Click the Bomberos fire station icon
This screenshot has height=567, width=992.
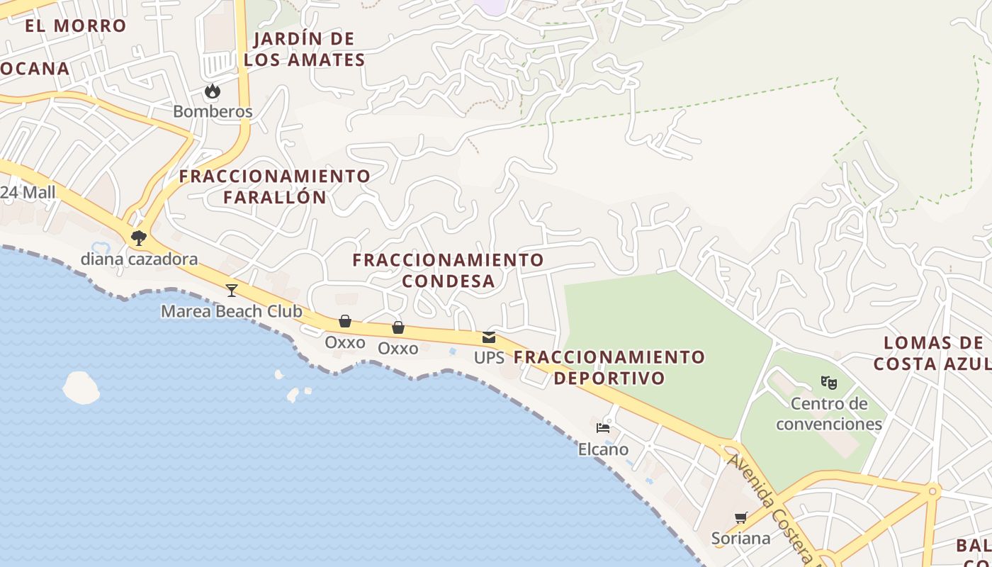pos(212,91)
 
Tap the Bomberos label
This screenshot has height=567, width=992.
pos(213,112)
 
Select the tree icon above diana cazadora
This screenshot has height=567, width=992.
pos(139,238)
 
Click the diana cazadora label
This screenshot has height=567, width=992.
pos(139,259)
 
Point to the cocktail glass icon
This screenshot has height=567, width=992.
pos(232,290)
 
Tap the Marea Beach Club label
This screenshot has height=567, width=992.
pos(231,311)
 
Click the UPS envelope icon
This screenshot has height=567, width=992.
pos(489,337)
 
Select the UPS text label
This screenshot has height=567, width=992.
pos(489,358)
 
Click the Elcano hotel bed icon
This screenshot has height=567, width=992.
pos(603,428)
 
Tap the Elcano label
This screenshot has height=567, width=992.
pos(603,449)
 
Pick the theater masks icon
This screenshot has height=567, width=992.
pos(829,383)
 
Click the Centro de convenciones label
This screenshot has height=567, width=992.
pos(829,414)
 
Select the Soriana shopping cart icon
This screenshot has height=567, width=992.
pos(741,517)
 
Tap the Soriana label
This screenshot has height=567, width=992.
pos(741,539)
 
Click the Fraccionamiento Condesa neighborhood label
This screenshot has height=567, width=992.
pos(448,270)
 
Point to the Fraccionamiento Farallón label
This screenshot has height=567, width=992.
pos(275,186)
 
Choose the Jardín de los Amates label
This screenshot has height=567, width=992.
pos(304,49)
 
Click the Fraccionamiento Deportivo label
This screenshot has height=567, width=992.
pos(609,367)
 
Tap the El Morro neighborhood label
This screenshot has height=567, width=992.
pos(75,26)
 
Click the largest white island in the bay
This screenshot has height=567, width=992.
pos(81,388)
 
